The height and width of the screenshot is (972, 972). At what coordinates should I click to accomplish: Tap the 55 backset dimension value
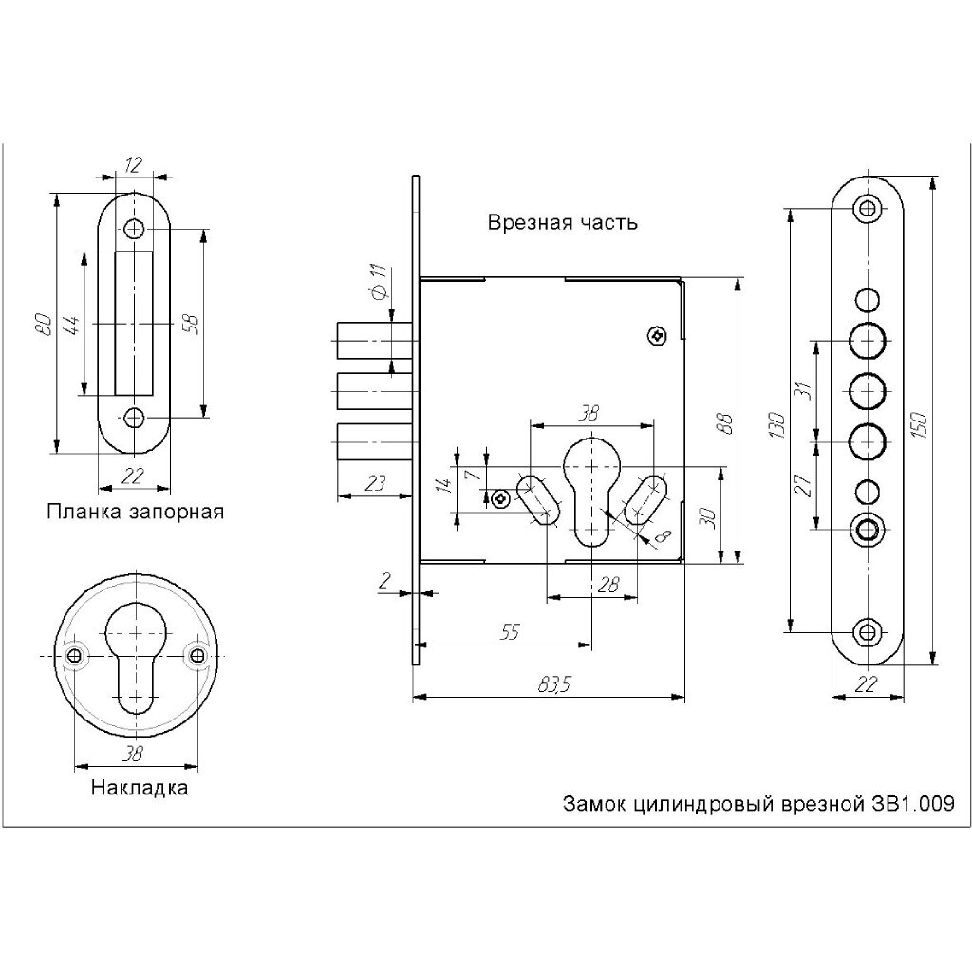coord(510,631)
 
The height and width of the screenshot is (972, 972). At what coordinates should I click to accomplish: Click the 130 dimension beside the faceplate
coord(776,424)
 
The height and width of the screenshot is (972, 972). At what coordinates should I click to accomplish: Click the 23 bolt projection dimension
coord(374,482)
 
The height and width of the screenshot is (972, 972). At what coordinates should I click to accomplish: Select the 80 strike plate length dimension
coord(44,325)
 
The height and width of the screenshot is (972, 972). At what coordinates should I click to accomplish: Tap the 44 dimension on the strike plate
coord(71,325)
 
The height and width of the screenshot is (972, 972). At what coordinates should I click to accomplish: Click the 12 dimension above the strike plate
coord(134,165)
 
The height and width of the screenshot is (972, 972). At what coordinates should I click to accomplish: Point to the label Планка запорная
coord(135,512)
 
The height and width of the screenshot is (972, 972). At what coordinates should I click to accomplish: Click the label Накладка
coord(140,788)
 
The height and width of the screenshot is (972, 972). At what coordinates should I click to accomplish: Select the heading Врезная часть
coord(562,221)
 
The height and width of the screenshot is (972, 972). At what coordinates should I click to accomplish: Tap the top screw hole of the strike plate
coord(133,229)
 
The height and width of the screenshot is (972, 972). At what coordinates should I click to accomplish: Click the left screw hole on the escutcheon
coord(76,655)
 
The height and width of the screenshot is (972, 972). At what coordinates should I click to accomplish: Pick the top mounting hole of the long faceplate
coord(866,208)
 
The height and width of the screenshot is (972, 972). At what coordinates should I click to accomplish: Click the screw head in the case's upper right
coord(657,336)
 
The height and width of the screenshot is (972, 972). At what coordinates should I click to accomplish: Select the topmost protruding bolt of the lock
coord(374,341)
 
